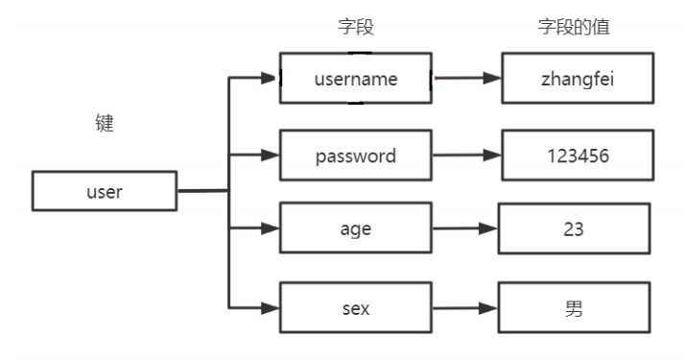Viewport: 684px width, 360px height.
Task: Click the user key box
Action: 105,192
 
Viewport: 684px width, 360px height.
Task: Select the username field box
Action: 356,78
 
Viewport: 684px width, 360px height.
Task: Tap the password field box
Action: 356,156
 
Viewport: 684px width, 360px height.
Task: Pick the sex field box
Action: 356,307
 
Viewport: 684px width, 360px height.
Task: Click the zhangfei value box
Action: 574,78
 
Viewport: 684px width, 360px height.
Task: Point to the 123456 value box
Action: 574,156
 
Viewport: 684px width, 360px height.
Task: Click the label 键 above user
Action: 105,125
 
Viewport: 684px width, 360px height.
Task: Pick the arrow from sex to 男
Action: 466,307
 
